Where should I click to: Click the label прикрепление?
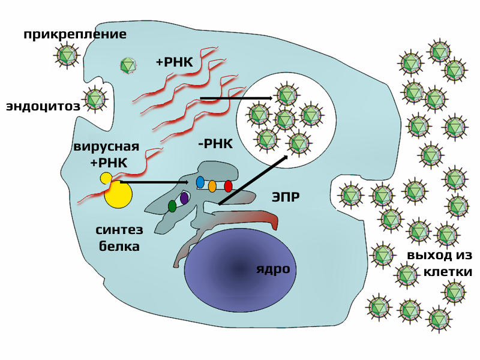pyautogui.click(x=74, y=34)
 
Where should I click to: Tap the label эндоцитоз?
pyautogui.click(x=43, y=106)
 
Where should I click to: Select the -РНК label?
pyautogui.click(x=215, y=143)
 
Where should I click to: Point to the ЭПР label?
pyautogui.click(x=286, y=197)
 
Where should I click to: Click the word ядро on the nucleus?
pyautogui.click(x=273, y=269)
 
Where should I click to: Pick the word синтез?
pyautogui.click(x=119, y=230)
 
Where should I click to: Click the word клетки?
pyautogui.click(x=448, y=272)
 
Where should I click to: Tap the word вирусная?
pyautogui.click(x=106, y=146)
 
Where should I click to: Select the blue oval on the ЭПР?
pyautogui.click(x=200, y=182)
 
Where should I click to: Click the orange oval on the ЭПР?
pyautogui.click(x=212, y=186)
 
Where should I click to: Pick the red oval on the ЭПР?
pyautogui.click(x=228, y=186)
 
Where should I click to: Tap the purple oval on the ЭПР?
pyautogui.click(x=184, y=199)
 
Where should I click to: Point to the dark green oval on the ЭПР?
pyautogui.click(x=172, y=206)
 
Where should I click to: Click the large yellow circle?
pyautogui.click(x=118, y=194)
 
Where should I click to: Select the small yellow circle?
pyautogui.click(x=106, y=178)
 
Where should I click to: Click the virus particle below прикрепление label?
pyautogui.click(x=67, y=56)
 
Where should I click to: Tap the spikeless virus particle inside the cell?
pyautogui.click(x=128, y=66)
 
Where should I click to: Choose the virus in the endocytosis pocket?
pyautogui.click(x=95, y=98)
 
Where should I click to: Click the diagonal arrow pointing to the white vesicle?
pyautogui.click(x=253, y=180)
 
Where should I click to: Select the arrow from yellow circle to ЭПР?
pyautogui.click(x=154, y=182)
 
